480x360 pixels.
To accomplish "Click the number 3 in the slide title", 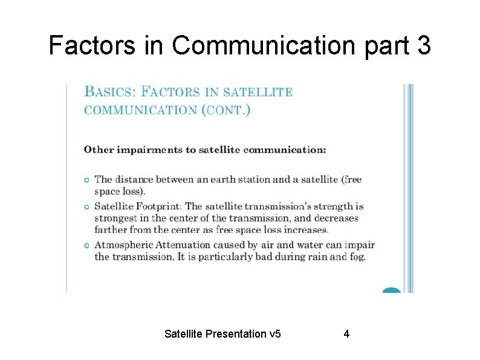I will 423,45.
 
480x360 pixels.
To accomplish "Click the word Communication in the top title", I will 262,45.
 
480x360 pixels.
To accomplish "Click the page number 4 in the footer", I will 346,334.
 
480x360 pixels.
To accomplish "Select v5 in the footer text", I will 275,334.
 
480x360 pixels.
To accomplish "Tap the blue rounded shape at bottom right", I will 392,290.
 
